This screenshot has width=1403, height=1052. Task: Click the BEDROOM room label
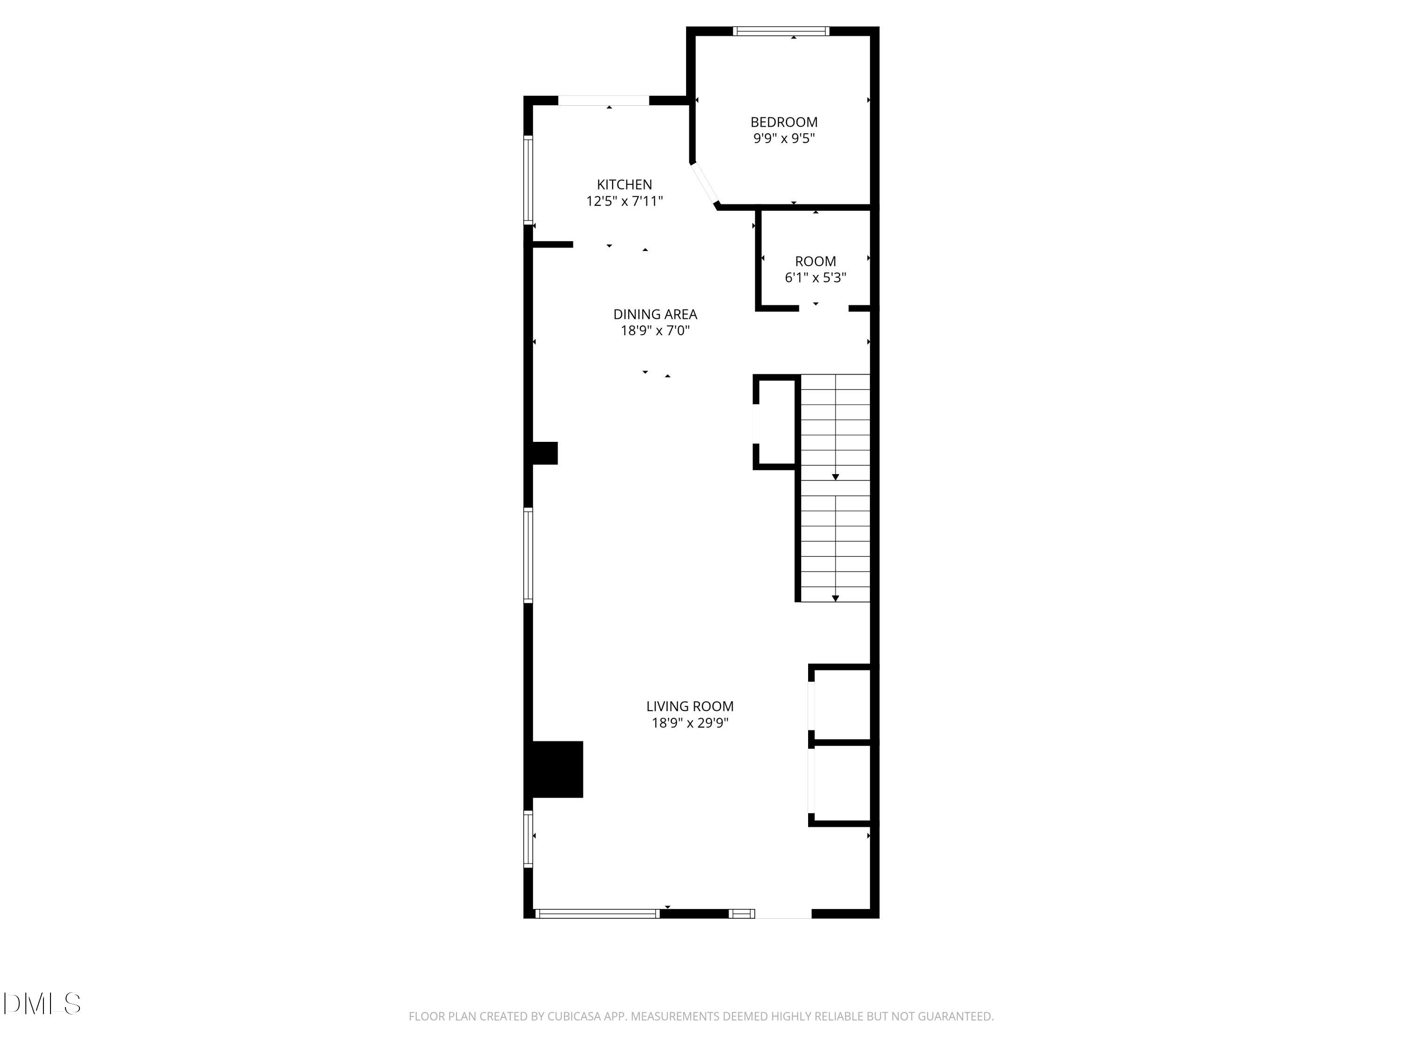pyautogui.click(x=784, y=122)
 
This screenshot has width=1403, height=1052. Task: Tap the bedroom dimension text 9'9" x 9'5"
pyautogui.click(x=784, y=138)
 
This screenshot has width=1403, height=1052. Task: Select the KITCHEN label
pyautogui.click(x=624, y=185)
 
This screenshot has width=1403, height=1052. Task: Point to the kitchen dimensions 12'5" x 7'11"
pyautogui.click(x=624, y=201)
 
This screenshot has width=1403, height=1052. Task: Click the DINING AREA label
pyautogui.click(x=655, y=314)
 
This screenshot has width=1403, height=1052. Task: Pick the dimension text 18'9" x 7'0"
pyautogui.click(x=655, y=331)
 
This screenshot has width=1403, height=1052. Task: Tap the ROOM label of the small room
pyautogui.click(x=815, y=261)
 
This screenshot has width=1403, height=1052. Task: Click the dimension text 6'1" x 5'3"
pyautogui.click(x=815, y=278)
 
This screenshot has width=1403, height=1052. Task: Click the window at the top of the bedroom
pyautogui.click(x=781, y=31)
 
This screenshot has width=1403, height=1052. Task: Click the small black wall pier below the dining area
pyautogui.click(x=544, y=453)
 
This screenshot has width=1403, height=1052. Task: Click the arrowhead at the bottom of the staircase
pyautogui.click(x=835, y=598)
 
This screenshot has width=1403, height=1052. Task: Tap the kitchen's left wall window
pyautogui.click(x=528, y=180)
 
